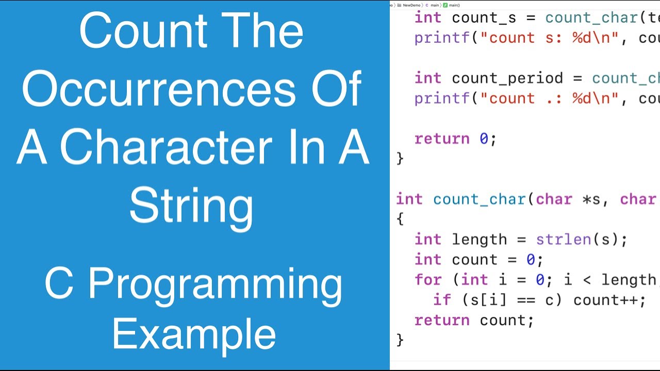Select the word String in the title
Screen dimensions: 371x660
[191, 206]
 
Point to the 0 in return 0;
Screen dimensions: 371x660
[484, 139]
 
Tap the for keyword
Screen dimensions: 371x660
[428, 280]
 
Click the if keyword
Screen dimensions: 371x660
[442, 300]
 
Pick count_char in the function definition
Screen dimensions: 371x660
[480, 199]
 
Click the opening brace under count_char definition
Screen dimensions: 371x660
[400, 220]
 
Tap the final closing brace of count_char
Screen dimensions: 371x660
[400, 340]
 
